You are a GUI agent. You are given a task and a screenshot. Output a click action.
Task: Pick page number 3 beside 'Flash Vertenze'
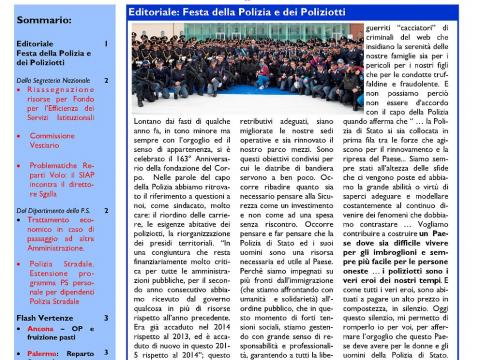point(107,316)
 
